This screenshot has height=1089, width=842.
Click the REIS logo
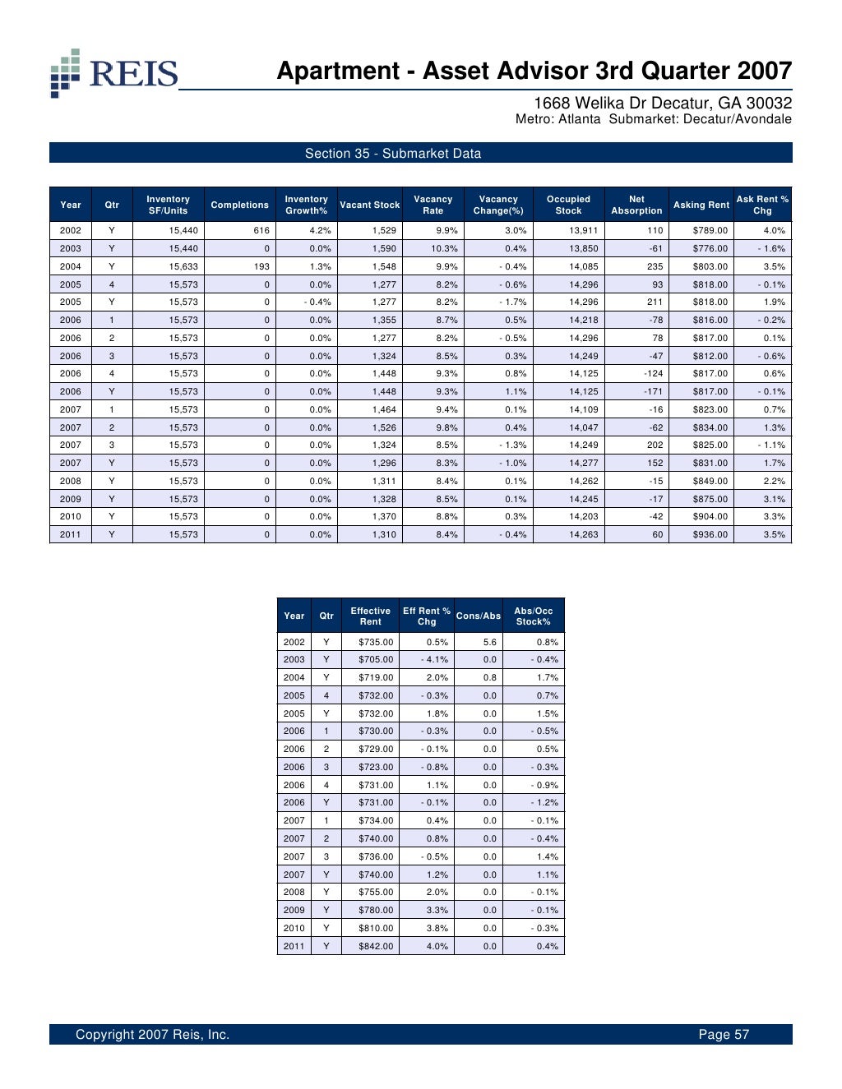point(113,72)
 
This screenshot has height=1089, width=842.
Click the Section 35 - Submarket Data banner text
point(393,153)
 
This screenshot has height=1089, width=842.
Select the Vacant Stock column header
point(369,205)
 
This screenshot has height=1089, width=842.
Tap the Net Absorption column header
point(636,205)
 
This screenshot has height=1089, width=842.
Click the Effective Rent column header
point(370,616)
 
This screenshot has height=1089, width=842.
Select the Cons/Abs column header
point(479,616)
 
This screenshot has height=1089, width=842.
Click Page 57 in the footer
point(724,1034)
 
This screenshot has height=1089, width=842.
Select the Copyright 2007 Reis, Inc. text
point(152,1034)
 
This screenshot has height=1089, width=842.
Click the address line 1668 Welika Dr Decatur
point(663,103)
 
